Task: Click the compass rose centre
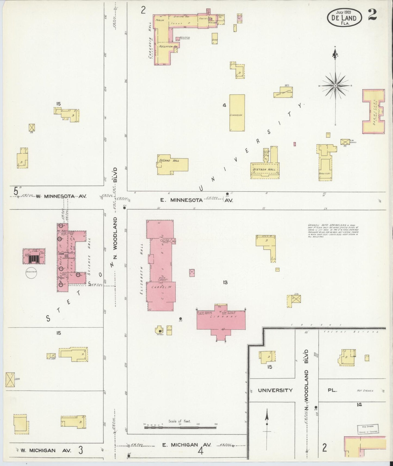[x=336, y=86]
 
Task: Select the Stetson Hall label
[x=264, y=169]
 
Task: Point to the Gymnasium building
[x=237, y=113]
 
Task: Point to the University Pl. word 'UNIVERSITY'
[x=275, y=390]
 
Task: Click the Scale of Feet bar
[x=180, y=428]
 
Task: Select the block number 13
[x=225, y=282]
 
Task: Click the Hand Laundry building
[x=283, y=92]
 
